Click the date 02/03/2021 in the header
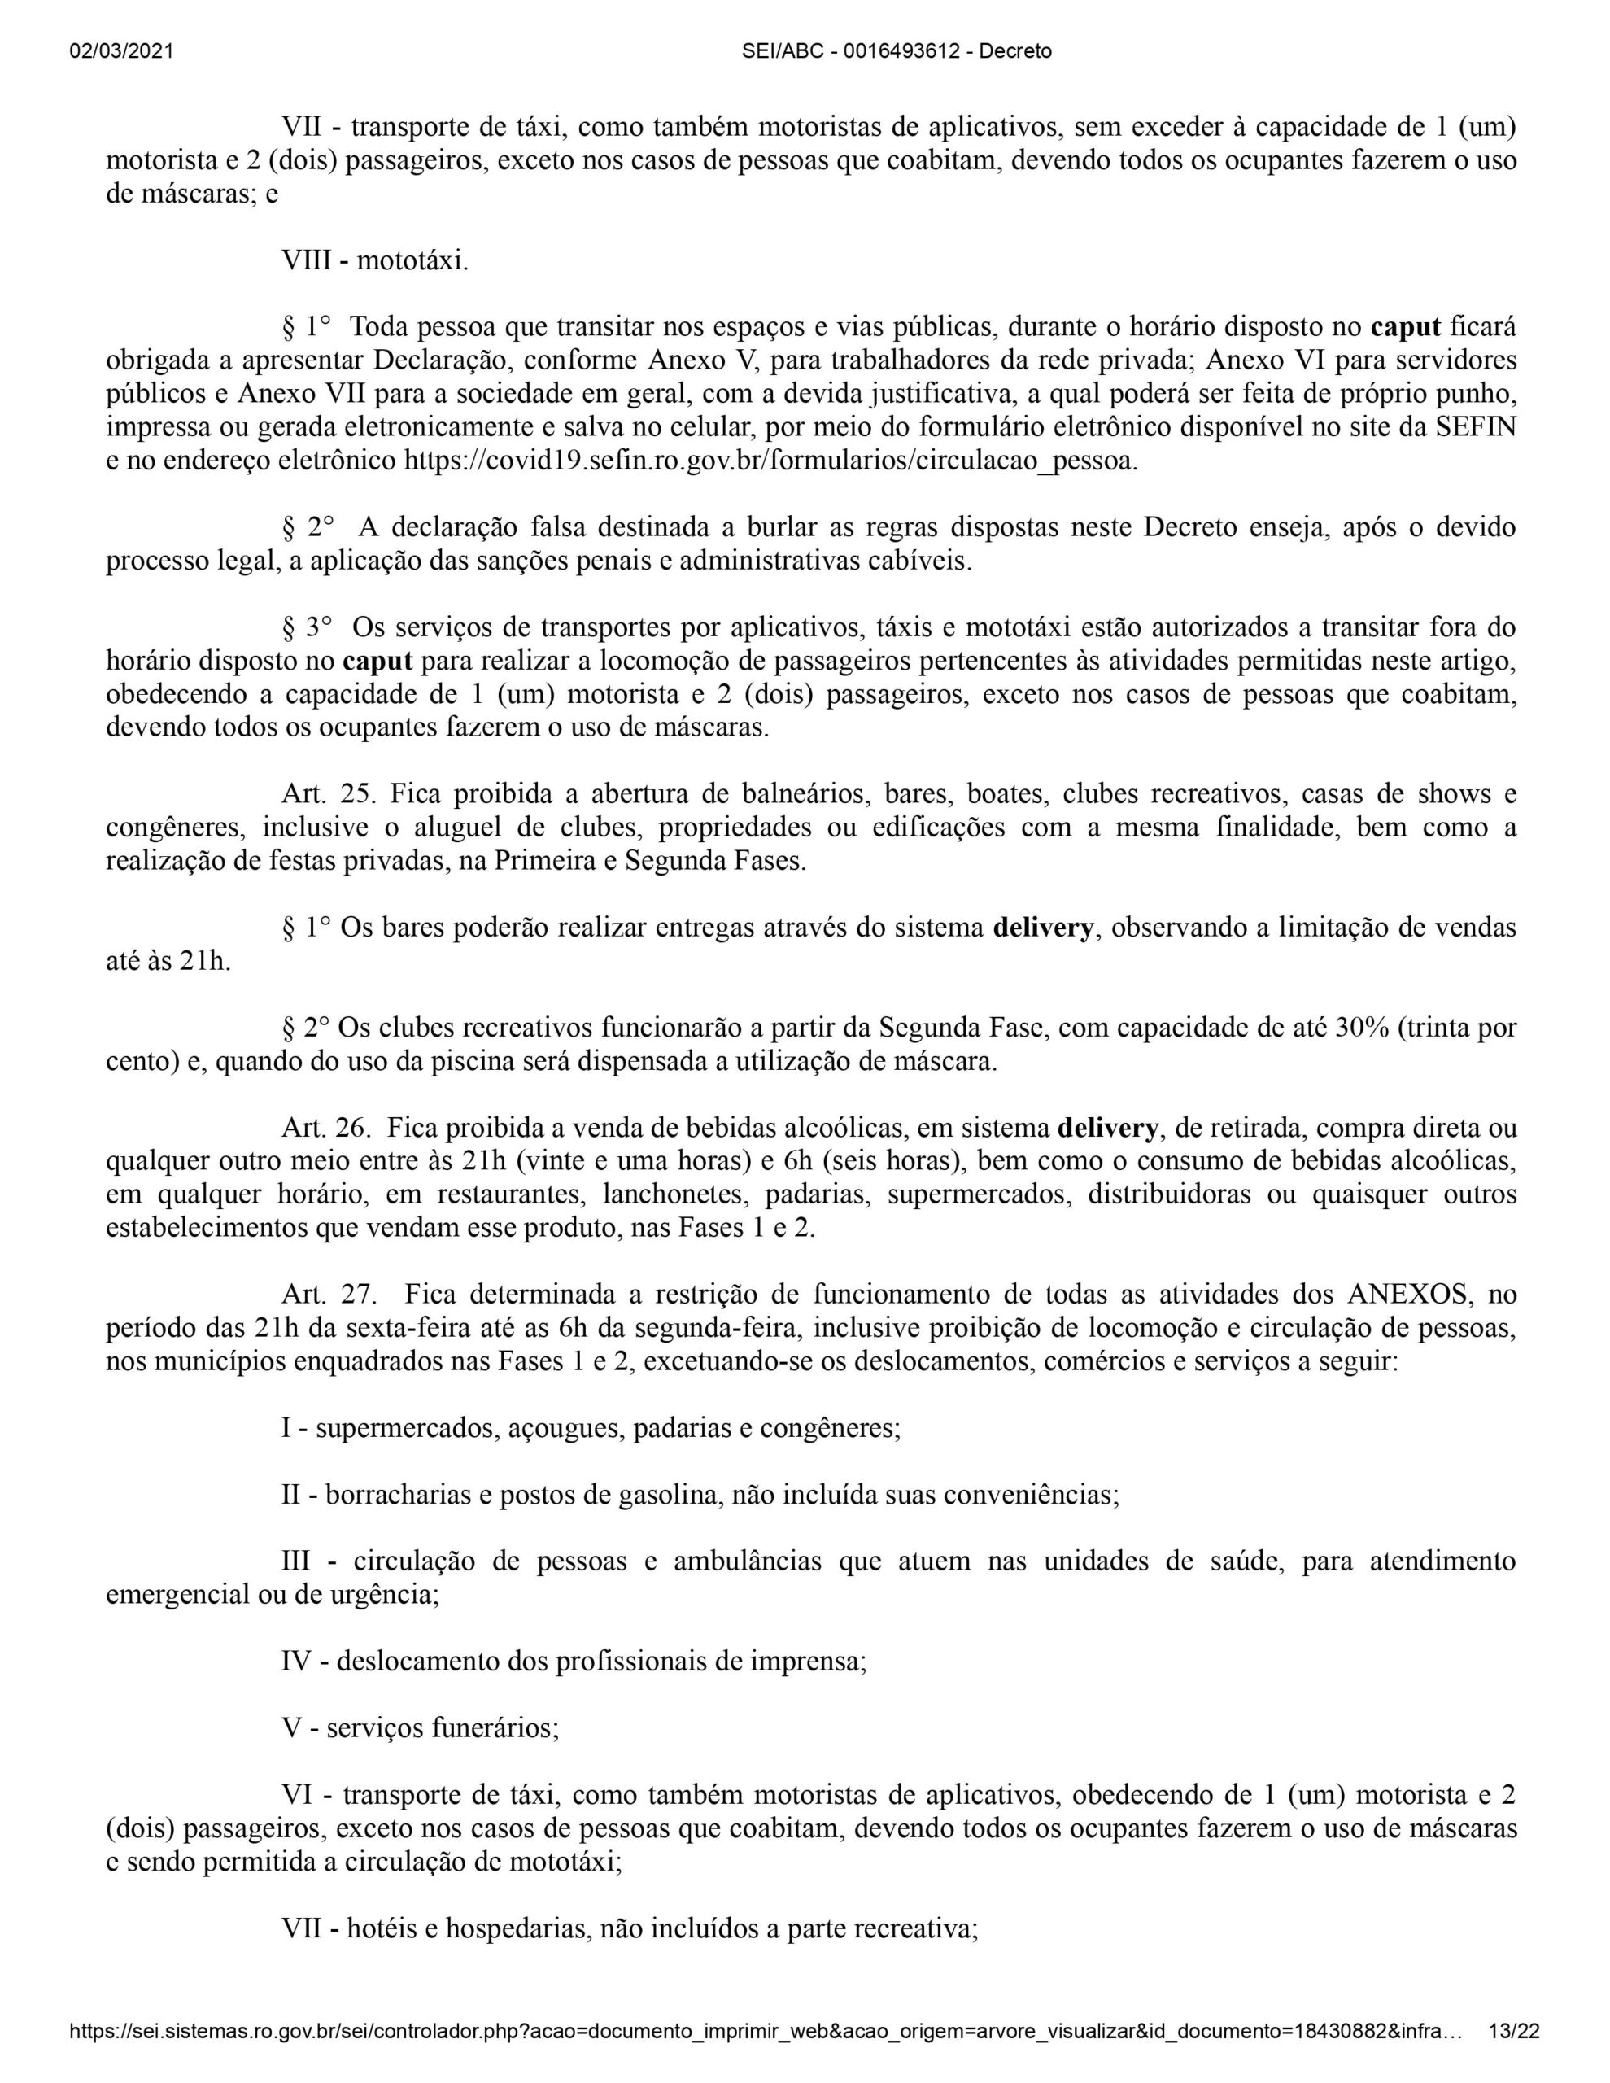click(121, 51)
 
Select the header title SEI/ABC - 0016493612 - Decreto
click(897, 51)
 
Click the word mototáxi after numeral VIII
click(412, 260)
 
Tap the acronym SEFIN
click(1475, 427)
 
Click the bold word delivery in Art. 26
click(1108, 1129)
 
